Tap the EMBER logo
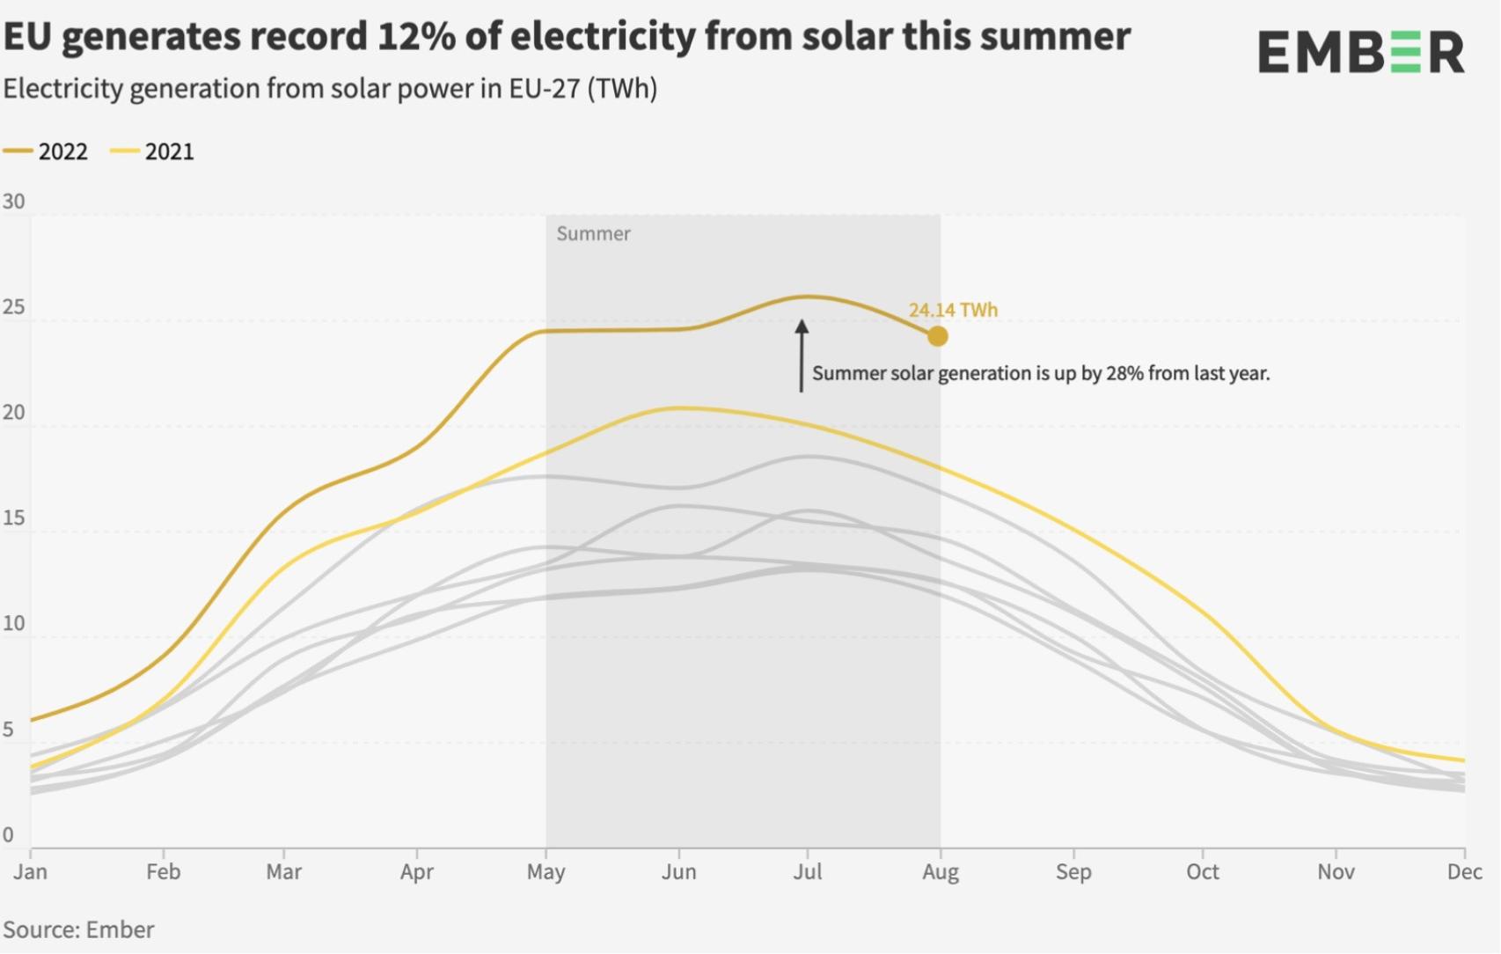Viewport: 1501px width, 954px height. pyautogui.click(x=1360, y=53)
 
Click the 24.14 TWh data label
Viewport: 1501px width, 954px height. pyautogui.click(x=953, y=310)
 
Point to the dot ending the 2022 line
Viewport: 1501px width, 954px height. pyautogui.click(x=938, y=336)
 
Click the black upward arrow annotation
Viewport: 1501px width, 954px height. pyautogui.click(x=801, y=356)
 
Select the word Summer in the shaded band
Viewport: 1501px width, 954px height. pyautogui.click(x=593, y=234)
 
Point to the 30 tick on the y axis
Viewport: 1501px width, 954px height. pyautogui.click(x=13, y=202)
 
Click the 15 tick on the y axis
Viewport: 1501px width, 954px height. pyautogui.click(x=13, y=517)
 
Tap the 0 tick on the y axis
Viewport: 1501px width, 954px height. pyautogui.click(x=8, y=834)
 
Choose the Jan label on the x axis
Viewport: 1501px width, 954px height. pyautogui.click(x=31, y=872)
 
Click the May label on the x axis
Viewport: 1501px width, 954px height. pyautogui.click(x=545, y=872)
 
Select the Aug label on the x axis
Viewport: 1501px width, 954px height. pyautogui.click(x=940, y=872)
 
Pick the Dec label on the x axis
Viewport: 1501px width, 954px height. pyautogui.click(x=1464, y=872)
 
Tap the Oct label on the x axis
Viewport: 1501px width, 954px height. pyautogui.click(x=1202, y=872)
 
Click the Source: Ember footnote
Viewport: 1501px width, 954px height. pyautogui.click(x=78, y=930)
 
